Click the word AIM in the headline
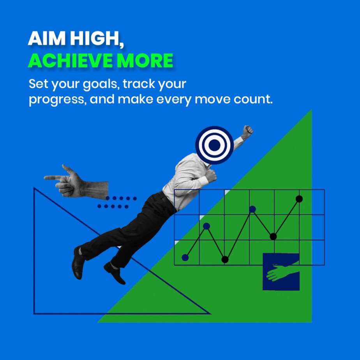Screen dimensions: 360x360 click(x=47, y=38)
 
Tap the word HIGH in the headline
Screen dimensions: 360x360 click(x=94, y=38)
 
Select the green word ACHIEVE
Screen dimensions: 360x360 click(x=70, y=60)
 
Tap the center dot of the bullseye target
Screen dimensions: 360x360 click(x=214, y=145)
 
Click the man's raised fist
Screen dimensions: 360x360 click(x=248, y=131)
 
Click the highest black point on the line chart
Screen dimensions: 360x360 click(x=299, y=199)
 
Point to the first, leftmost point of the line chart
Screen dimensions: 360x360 click(x=185, y=258)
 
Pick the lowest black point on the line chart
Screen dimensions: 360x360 click(x=225, y=259)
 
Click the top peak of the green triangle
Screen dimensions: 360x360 click(x=311, y=110)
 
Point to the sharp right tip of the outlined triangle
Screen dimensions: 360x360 click(x=210, y=313)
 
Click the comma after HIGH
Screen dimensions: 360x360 click(x=121, y=45)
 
